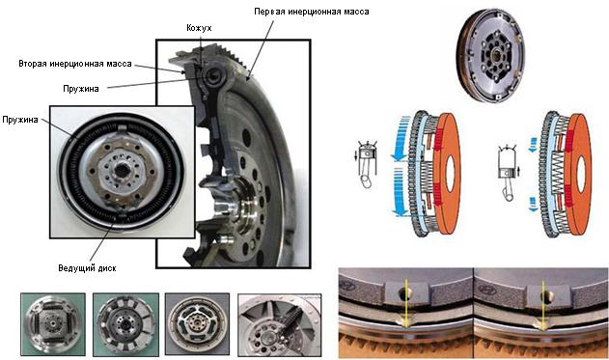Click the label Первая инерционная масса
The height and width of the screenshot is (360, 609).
click(311, 12)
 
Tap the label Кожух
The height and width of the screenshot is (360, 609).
click(199, 28)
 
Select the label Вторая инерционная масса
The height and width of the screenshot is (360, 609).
click(75, 64)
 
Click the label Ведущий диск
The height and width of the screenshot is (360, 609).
click(87, 268)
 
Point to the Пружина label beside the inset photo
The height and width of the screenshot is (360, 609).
click(20, 120)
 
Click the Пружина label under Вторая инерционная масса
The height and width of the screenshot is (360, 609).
click(81, 89)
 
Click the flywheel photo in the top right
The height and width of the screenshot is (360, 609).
click(490, 56)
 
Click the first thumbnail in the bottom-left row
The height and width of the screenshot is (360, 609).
click(53, 324)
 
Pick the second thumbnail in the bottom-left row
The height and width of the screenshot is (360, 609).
click(125, 324)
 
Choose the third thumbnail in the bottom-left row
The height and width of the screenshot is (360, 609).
click(197, 324)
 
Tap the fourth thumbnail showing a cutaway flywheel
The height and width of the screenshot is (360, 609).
click(280, 325)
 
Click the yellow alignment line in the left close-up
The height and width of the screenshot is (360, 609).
click(406, 304)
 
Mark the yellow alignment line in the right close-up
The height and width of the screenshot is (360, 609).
click(543, 306)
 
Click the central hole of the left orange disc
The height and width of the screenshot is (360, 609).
click(450, 175)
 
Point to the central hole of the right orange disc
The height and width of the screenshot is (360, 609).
click(581, 175)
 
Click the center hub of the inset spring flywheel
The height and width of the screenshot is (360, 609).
click(122, 171)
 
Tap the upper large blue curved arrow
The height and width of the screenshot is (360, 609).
click(401, 139)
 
